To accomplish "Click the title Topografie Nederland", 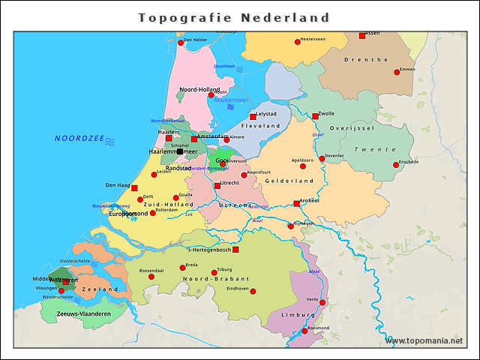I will tap(235, 17).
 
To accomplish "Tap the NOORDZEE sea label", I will tap(79, 139).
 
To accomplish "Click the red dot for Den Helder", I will tap(180, 43).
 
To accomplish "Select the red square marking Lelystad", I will tap(253, 117).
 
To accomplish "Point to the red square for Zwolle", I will tap(315, 116).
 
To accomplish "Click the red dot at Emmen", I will tap(397, 73).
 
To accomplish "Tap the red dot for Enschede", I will tap(394, 165).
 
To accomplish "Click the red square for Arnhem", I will tap(297, 203).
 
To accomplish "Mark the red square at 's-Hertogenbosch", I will tap(235, 250).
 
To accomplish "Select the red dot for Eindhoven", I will tap(253, 291).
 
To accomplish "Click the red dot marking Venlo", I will tap(322, 302).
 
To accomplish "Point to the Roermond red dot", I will tap(304, 331).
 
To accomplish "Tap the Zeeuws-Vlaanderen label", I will tap(84, 313).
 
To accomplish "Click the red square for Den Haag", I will tap(134, 188).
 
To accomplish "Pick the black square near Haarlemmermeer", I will tap(180, 151).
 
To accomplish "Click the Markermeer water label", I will tap(231, 100).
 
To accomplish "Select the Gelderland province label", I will tap(289, 181).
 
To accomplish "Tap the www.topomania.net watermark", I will tap(424, 340).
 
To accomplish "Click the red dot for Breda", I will tap(182, 268).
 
